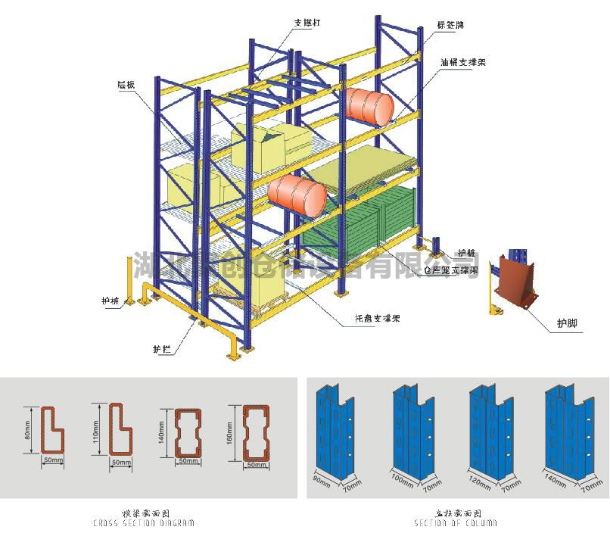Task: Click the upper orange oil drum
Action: pyautogui.click(x=369, y=104)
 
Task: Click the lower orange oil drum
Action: pyautogui.click(x=297, y=194)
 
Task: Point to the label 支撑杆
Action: pyautogui.click(x=307, y=23)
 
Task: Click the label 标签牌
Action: pyautogui.click(x=450, y=25)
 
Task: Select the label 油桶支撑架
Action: pyautogui.click(x=462, y=61)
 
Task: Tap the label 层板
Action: pyautogui.click(x=126, y=84)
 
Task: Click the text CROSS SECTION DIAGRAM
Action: pyautogui.click(x=144, y=523)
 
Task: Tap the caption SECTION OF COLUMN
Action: pyautogui.click(x=456, y=523)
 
